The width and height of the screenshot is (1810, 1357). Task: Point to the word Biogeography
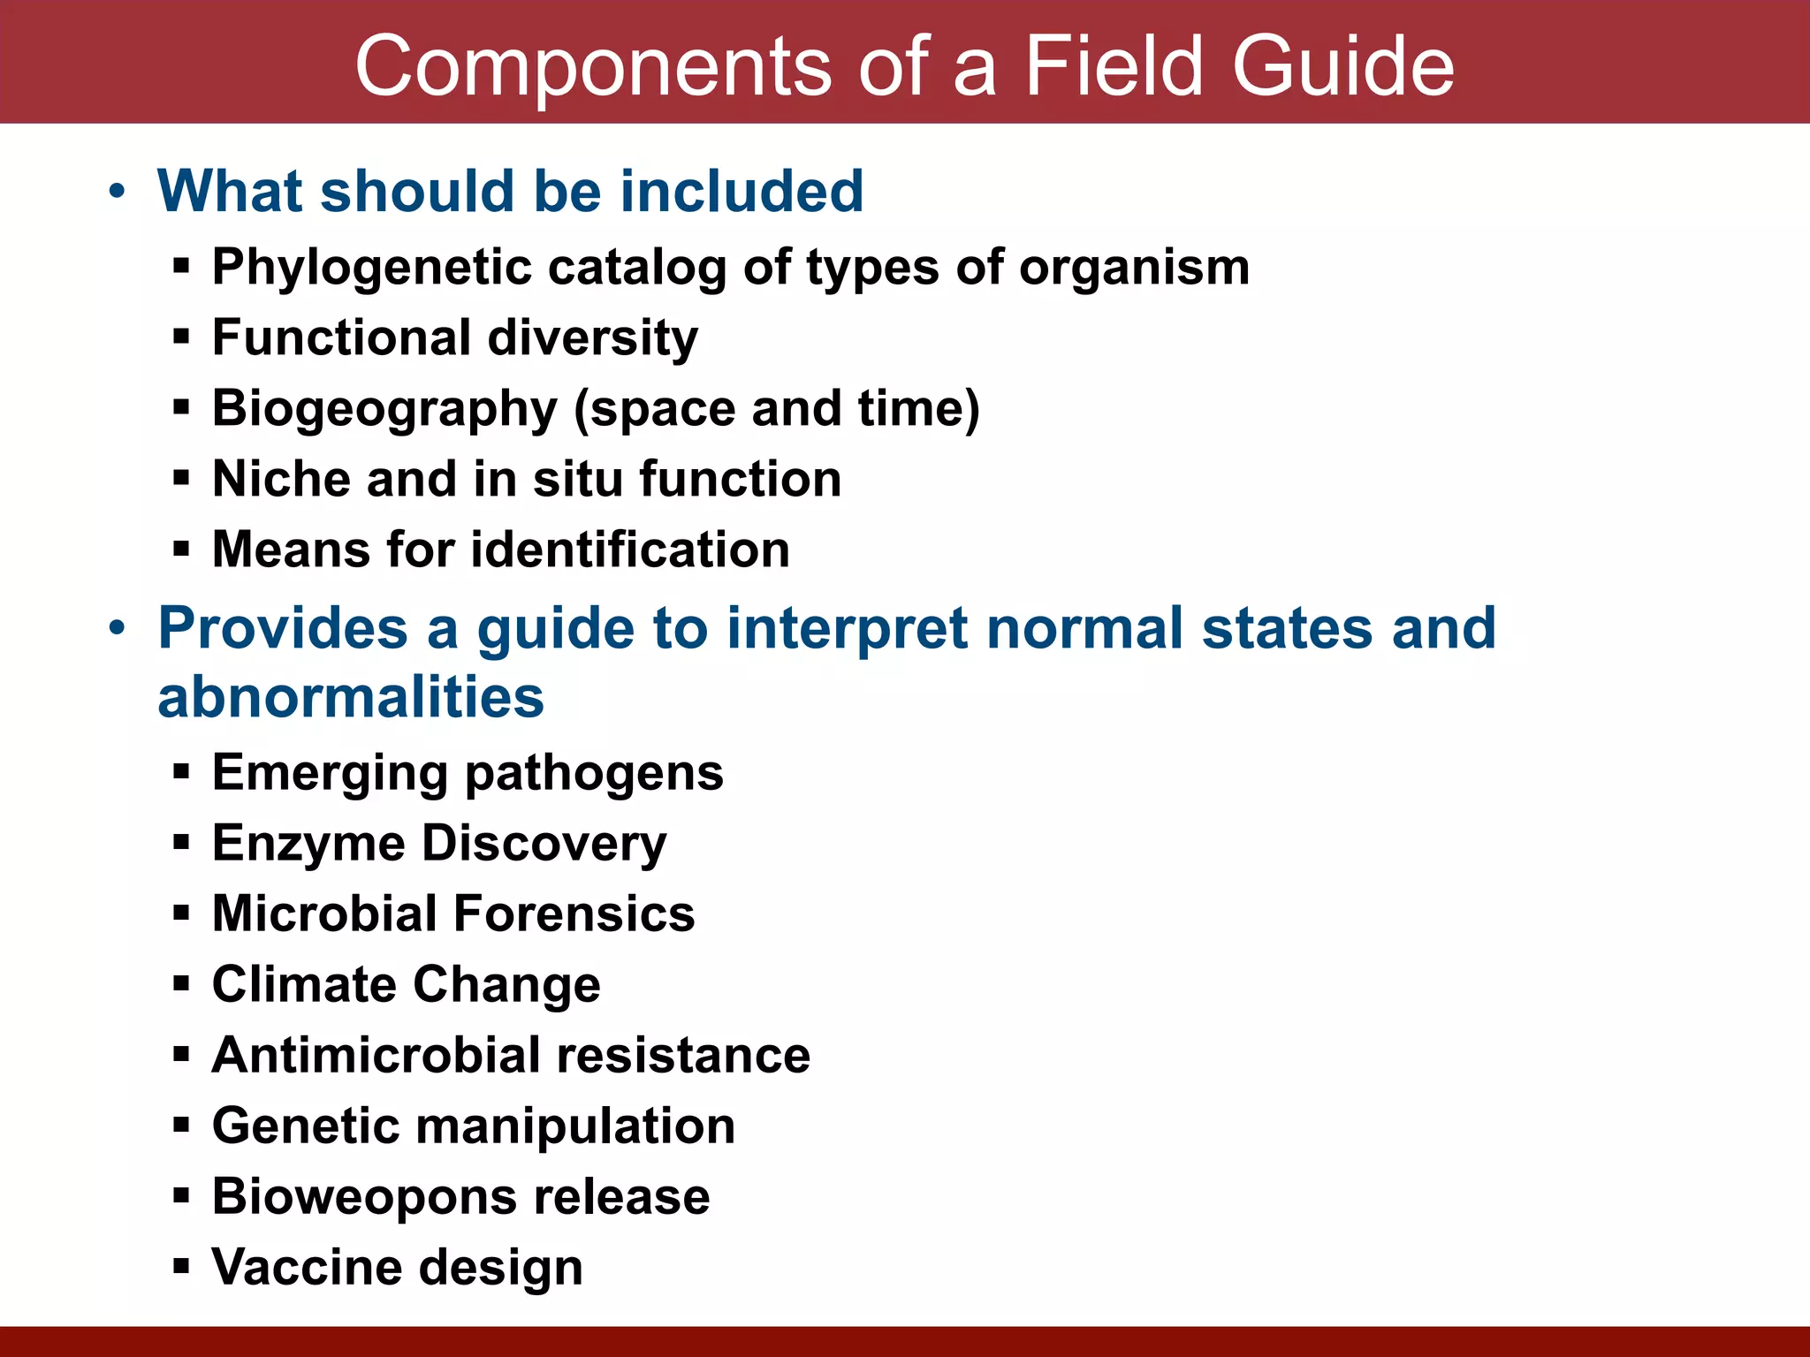point(384,409)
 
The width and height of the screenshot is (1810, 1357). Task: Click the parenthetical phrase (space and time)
point(777,409)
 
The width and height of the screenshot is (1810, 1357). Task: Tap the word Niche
point(281,479)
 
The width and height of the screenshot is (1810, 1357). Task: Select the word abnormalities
point(351,697)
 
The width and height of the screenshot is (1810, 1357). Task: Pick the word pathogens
point(594,773)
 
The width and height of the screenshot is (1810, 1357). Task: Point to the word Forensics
point(574,914)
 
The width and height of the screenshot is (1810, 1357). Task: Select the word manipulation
point(575,1126)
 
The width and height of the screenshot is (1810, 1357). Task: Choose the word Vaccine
point(307,1267)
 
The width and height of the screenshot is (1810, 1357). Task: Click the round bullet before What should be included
point(117,192)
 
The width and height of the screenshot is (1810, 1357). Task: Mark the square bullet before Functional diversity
point(182,337)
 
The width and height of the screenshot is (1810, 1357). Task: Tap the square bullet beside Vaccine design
point(182,1267)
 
